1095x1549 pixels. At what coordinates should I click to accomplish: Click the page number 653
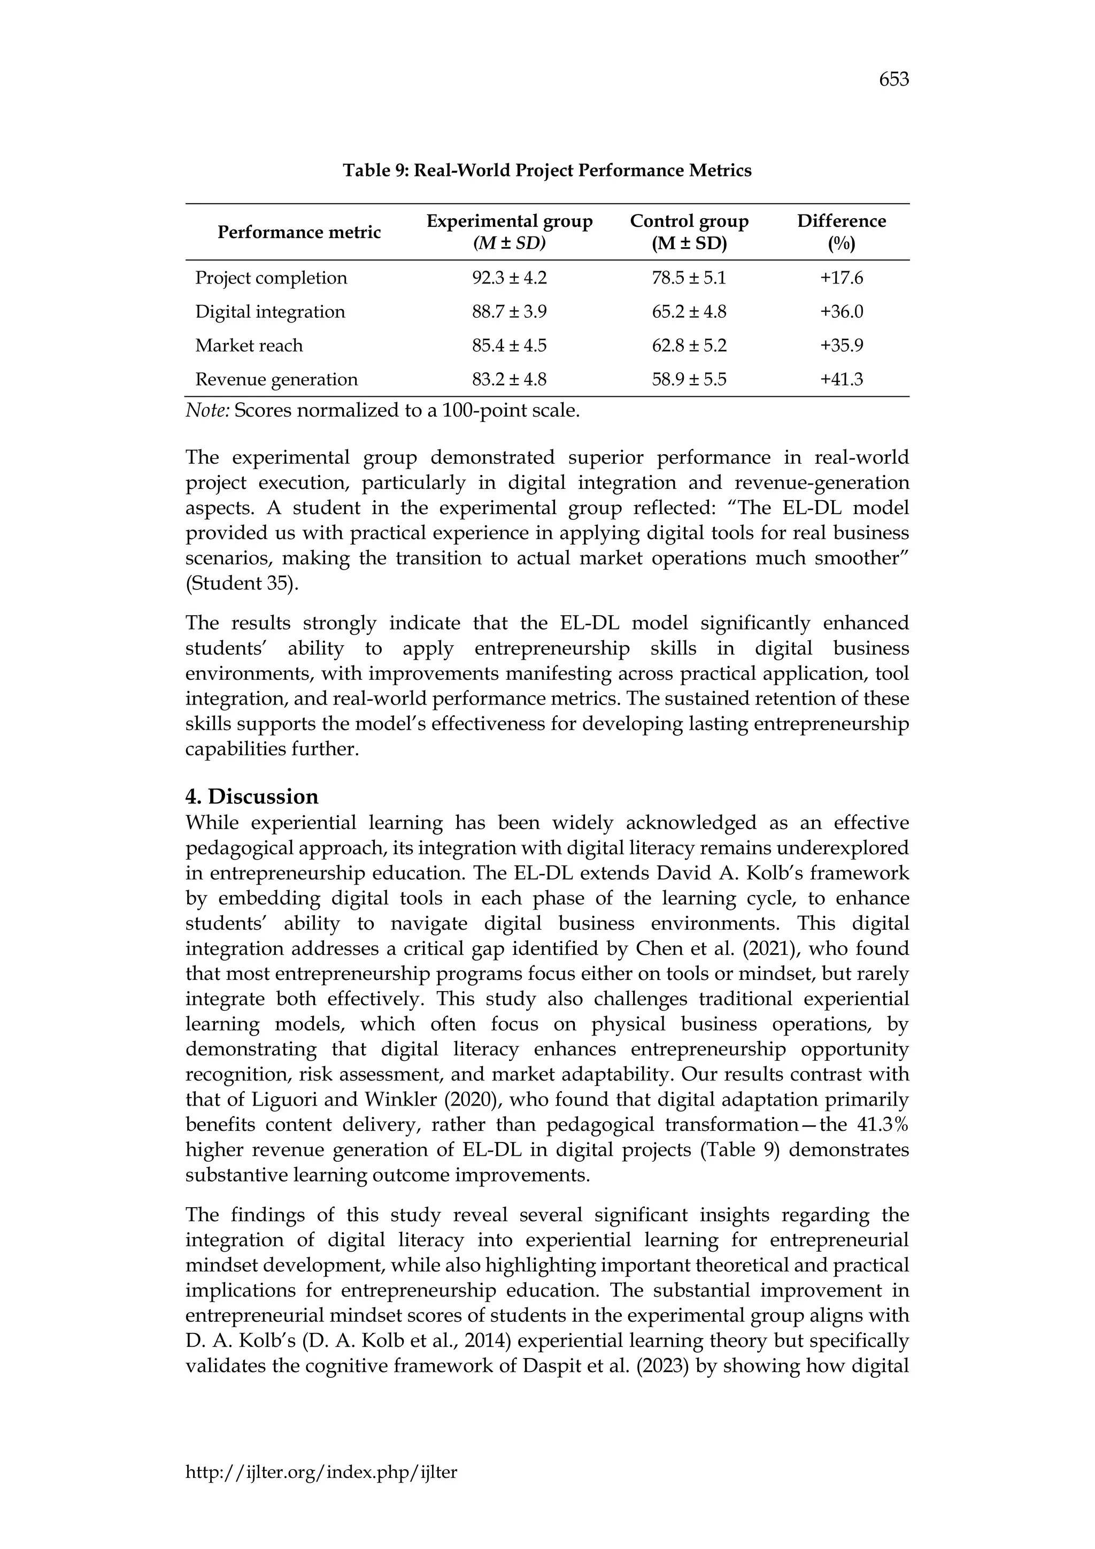point(893,80)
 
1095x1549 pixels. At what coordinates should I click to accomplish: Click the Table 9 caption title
point(547,171)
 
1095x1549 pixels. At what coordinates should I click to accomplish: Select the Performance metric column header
point(299,232)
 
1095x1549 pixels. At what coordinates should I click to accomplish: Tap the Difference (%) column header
point(841,232)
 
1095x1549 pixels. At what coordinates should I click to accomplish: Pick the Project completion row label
point(271,278)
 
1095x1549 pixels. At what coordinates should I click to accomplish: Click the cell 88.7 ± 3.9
point(509,312)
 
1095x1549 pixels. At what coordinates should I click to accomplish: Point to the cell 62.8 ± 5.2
point(689,346)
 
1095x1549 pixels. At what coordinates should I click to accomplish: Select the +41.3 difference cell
point(841,379)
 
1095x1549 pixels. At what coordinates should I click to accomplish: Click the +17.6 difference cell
point(841,278)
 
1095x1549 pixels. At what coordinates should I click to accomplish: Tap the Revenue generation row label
point(276,379)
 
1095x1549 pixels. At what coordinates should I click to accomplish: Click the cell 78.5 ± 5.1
point(689,278)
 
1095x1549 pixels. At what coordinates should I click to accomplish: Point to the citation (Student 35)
point(241,584)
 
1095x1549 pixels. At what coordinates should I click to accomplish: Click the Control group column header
point(689,232)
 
